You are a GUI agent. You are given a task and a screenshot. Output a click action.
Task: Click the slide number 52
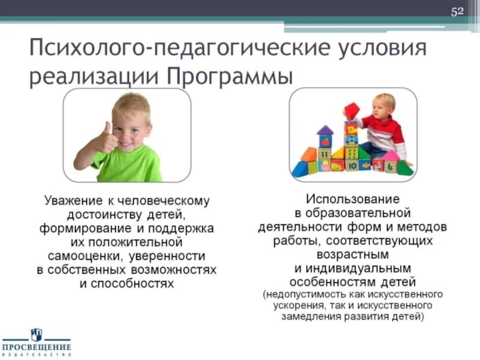pos(458,11)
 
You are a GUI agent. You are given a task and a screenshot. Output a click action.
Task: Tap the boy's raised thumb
pos(107,128)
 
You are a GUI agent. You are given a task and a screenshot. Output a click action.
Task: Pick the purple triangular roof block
pos(325,130)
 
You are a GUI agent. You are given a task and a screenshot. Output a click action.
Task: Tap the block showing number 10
pos(352,164)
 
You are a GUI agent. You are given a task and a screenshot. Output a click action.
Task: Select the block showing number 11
pos(324,154)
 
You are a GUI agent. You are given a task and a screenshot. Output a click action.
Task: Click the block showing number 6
pos(391,167)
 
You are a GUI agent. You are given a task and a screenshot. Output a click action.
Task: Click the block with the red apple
pos(325,142)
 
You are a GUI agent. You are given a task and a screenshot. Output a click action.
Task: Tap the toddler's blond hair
pos(385,100)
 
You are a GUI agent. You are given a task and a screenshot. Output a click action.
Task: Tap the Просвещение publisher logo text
pos(36,347)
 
